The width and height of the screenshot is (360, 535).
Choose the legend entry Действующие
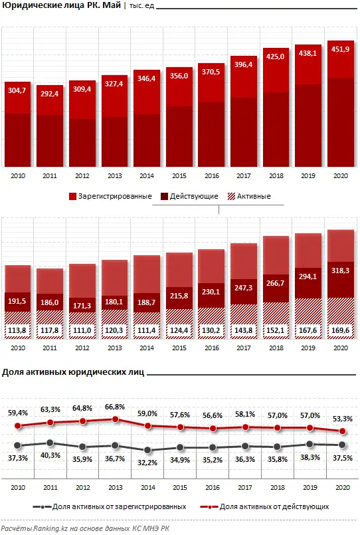(x=194, y=197)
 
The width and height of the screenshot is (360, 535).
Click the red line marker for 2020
(x=341, y=431)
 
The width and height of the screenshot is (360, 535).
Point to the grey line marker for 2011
(x=50, y=442)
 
